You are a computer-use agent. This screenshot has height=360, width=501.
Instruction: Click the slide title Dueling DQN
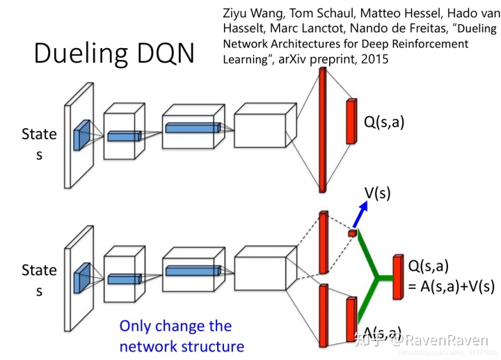[115, 54]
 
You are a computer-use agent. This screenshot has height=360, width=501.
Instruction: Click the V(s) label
[377, 193]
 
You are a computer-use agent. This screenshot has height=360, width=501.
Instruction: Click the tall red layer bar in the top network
[322, 130]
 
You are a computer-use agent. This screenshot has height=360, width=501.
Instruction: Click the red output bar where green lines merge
[397, 277]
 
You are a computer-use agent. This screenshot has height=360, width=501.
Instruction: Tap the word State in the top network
[39, 134]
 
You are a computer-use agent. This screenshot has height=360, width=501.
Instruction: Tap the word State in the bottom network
[39, 269]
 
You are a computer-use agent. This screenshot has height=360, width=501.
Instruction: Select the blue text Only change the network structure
[182, 336]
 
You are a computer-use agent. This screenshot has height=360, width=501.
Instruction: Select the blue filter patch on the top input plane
[82, 134]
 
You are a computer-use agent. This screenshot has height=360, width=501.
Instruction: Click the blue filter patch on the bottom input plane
[82, 274]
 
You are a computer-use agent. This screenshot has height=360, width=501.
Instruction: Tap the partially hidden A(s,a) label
[379, 332]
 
